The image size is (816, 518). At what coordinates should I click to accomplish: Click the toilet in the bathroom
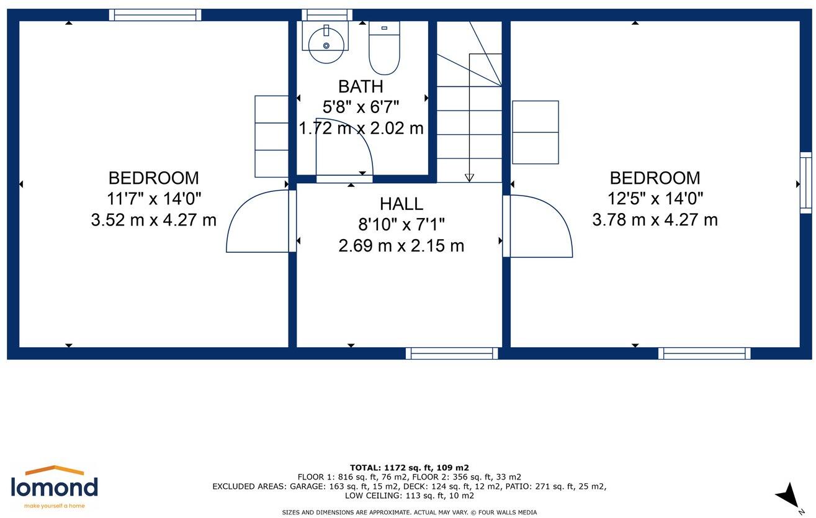pos(384,47)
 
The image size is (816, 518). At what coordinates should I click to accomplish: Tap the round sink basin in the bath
pos(326,45)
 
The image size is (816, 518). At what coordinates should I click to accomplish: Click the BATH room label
pos(361,87)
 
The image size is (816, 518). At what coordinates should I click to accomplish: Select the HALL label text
pos(401,204)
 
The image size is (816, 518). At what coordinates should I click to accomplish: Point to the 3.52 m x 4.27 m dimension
pos(154,220)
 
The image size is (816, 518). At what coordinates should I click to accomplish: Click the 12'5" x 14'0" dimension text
pos(655,199)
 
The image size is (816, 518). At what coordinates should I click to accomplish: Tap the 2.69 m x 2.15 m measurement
pos(401,246)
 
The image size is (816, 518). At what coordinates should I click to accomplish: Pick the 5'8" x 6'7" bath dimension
pos(361,107)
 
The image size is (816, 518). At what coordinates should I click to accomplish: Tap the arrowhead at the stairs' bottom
pos(469,178)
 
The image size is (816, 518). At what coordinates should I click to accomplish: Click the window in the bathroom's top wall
pos(327,15)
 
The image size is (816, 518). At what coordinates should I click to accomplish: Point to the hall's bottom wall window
pos(452,353)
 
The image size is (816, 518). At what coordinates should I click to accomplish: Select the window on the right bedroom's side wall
pos(805,183)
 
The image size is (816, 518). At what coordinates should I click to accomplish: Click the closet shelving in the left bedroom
pos(272,137)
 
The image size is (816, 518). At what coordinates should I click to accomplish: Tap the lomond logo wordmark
pos(54,487)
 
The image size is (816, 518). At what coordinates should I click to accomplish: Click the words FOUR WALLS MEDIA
pos(508,512)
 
